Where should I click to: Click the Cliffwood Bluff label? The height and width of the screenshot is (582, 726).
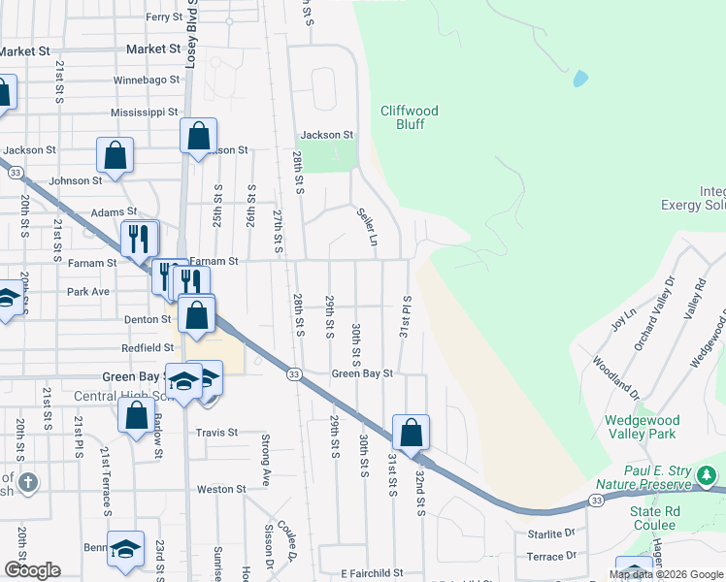click(409, 118)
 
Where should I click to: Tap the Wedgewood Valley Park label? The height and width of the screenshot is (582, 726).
click(642, 427)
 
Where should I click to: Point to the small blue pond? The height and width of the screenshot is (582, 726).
click(580, 78)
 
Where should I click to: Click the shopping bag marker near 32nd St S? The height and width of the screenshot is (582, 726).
click(412, 432)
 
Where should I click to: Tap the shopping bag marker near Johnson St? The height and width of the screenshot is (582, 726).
click(115, 155)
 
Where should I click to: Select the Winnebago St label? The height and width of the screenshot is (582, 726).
click(147, 80)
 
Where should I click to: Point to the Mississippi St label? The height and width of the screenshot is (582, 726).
click(146, 113)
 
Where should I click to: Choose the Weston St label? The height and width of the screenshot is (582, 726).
click(220, 490)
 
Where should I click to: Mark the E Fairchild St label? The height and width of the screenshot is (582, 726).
click(361, 573)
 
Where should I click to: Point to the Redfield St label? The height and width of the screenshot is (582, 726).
click(148, 347)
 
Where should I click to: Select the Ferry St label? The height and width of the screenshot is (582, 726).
click(163, 17)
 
